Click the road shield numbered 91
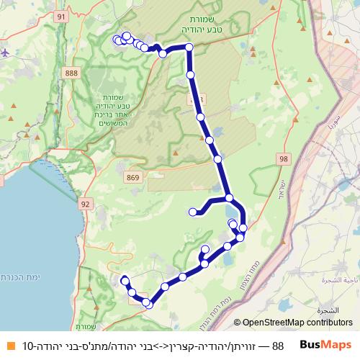point(60,16)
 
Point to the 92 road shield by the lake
point(86,204)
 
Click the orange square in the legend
point(9,346)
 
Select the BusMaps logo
point(326,346)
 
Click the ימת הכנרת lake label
point(19,276)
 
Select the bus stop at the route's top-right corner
point(189,48)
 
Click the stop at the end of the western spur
point(192,212)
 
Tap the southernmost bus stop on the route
point(149,305)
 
